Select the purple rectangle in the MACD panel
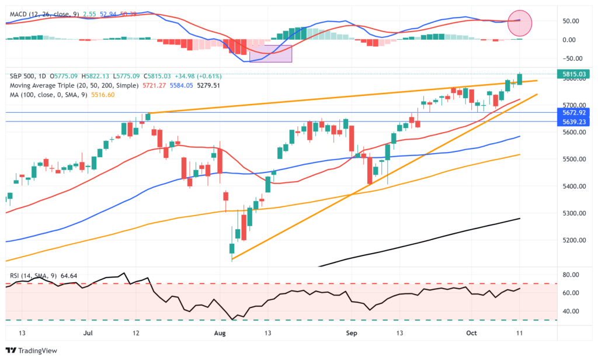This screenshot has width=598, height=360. tap(270, 53)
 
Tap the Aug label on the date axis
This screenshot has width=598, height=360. tap(220, 333)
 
